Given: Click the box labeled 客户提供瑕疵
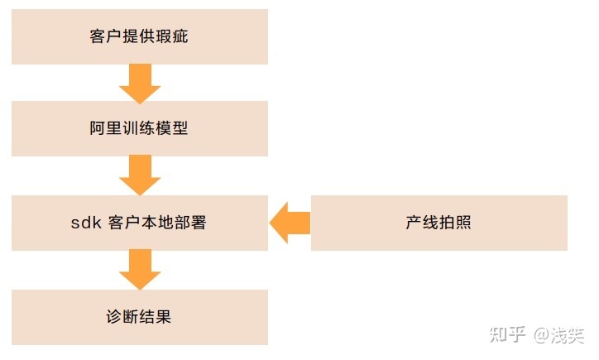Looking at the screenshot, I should pos(139,36).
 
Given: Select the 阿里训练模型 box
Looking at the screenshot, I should pos(139,128).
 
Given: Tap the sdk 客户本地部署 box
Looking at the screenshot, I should pos(139,223).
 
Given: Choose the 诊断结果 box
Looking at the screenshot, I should pos(139,317).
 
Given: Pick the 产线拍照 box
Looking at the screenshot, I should pos(438,223).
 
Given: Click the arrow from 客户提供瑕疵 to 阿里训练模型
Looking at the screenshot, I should pos(139,83).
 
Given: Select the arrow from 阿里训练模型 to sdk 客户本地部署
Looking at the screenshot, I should pos(139,175).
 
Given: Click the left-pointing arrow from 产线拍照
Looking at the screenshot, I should pos(290,223).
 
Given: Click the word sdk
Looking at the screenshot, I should pos(86,223).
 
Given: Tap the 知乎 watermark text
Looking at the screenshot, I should pos(507,334).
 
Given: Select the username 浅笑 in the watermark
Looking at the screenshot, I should pos(568,334).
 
